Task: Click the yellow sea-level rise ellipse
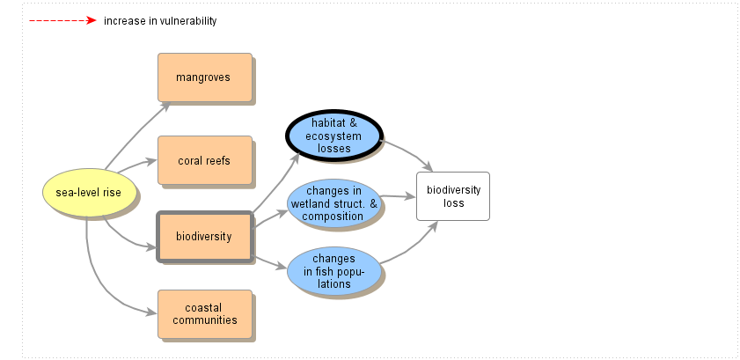89,192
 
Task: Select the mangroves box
204,77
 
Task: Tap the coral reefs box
204,160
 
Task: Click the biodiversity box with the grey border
204,236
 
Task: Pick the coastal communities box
204,314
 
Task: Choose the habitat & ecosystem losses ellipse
334,136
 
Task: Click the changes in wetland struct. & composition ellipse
334,203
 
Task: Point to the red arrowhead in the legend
91,20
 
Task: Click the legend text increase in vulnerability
159,21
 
